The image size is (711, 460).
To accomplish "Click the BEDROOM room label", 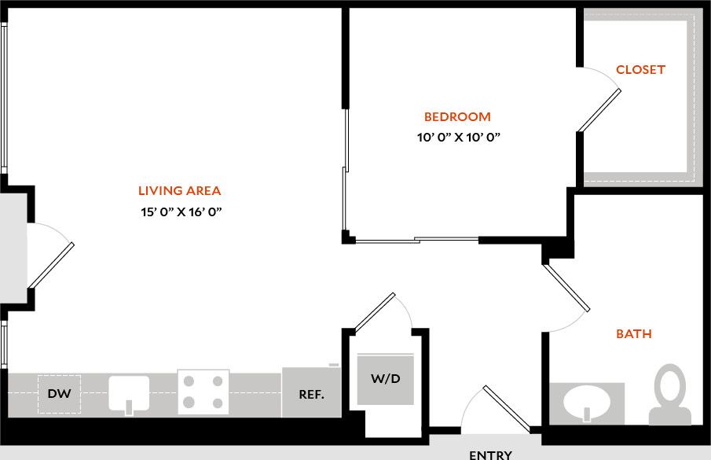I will pos(457,117).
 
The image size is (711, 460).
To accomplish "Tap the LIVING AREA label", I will pos(179,190).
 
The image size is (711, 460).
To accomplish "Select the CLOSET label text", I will pos(640,70).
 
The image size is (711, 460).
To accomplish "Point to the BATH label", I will pos(633,334).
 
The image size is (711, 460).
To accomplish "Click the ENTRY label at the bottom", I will pos(490,454).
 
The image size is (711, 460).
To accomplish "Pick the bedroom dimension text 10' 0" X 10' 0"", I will pos(459,138).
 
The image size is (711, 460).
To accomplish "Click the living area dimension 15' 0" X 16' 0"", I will pos(179,212).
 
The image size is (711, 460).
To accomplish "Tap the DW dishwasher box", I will pos(59,395).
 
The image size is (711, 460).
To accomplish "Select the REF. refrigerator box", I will pos(312,394).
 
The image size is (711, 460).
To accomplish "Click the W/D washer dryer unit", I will pos(386,379).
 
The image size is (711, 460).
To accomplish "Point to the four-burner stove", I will pos(203,392).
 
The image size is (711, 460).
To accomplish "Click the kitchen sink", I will pos(129,393).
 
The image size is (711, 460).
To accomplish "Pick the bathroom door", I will pos(566,287).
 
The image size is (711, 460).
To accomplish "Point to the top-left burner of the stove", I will pos(189,381).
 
